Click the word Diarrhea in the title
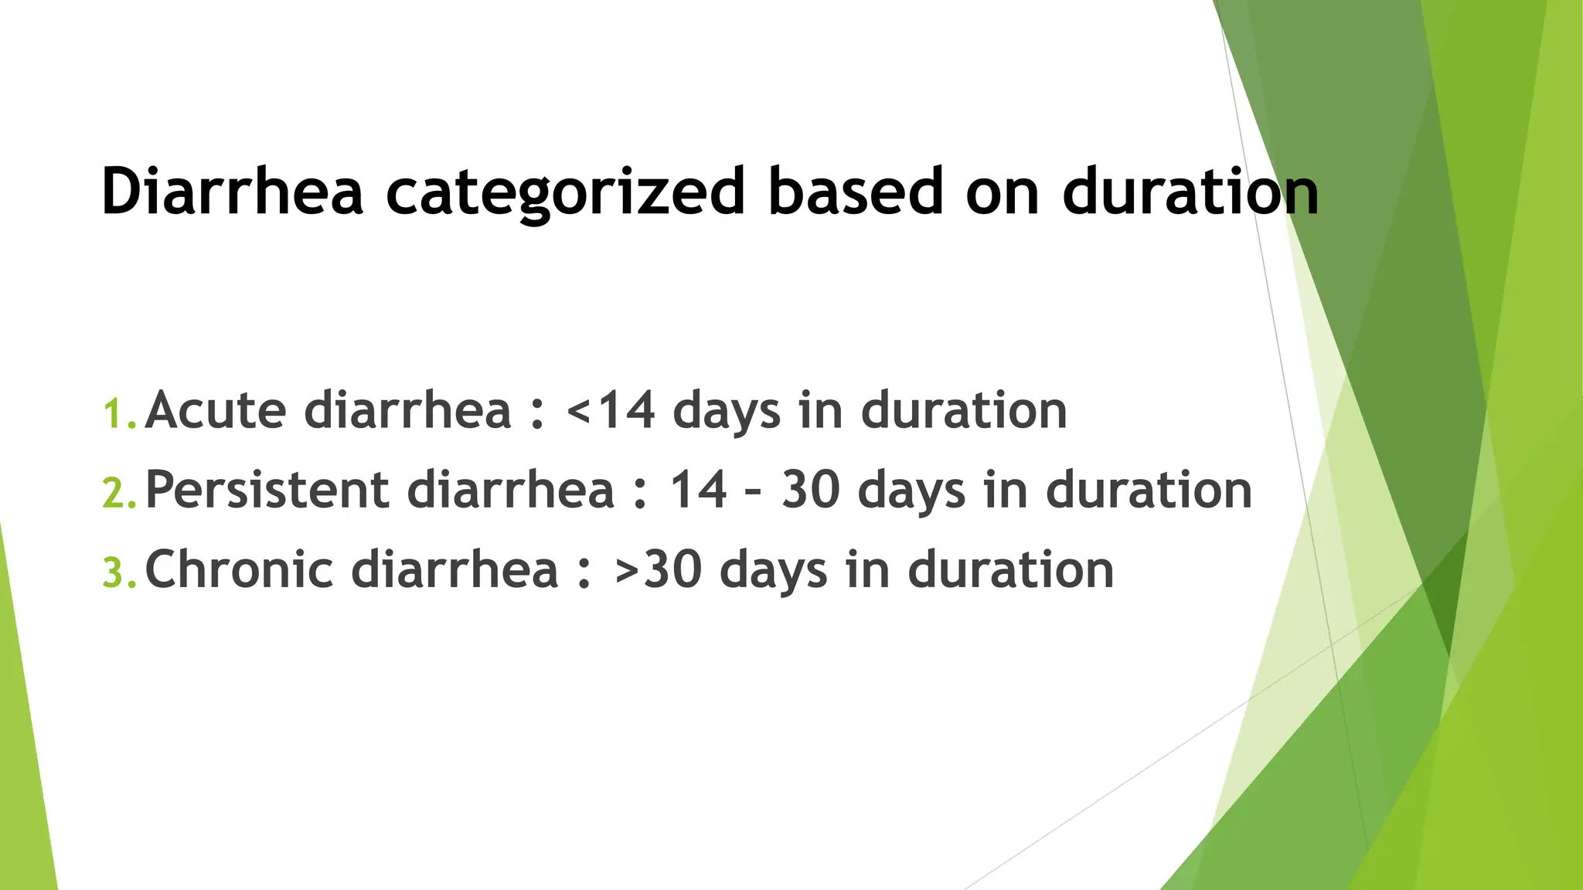pos(232,191)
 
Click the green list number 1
pos(117,414)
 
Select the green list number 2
pos(118,494)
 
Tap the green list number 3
pos(118,574)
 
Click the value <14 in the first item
pos(611,410)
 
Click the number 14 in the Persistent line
pos(698,491)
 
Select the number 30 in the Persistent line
pos(811,491)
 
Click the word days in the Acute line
pos(727,412)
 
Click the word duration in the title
pos(1190,191)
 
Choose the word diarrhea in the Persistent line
pos(511,491)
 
